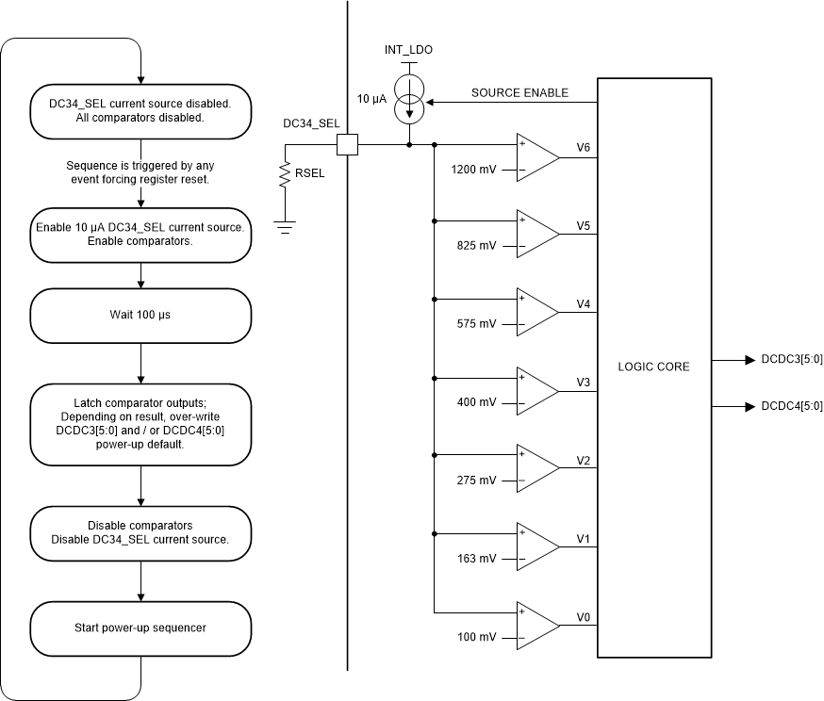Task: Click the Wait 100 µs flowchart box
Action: click(x=141, y=315)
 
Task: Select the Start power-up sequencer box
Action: click(x=141, y=628)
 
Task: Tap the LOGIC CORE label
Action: click(x=654, y=367)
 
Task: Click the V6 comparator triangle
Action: click(x=536, y=157)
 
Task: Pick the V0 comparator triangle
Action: click(x=536, y=627)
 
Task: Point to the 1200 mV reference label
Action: click(x=473, y=171)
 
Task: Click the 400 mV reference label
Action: click(x=476, y=402)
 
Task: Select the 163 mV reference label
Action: click(x=476, y=559)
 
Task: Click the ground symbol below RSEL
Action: click(x=284, y=226)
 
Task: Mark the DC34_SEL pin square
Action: click(x=348, y=145)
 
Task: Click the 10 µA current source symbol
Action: click(x=409, y=101)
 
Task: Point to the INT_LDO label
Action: click(x=408, y=49)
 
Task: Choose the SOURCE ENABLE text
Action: click(x=519, y=92)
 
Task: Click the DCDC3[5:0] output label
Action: click(x=784, y=360)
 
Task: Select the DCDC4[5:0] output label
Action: click(x=784, y=406)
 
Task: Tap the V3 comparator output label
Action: click(x=584, y=382)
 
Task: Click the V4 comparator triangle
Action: click(x=536, y=314)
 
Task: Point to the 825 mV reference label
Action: click(x=476, y=246)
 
